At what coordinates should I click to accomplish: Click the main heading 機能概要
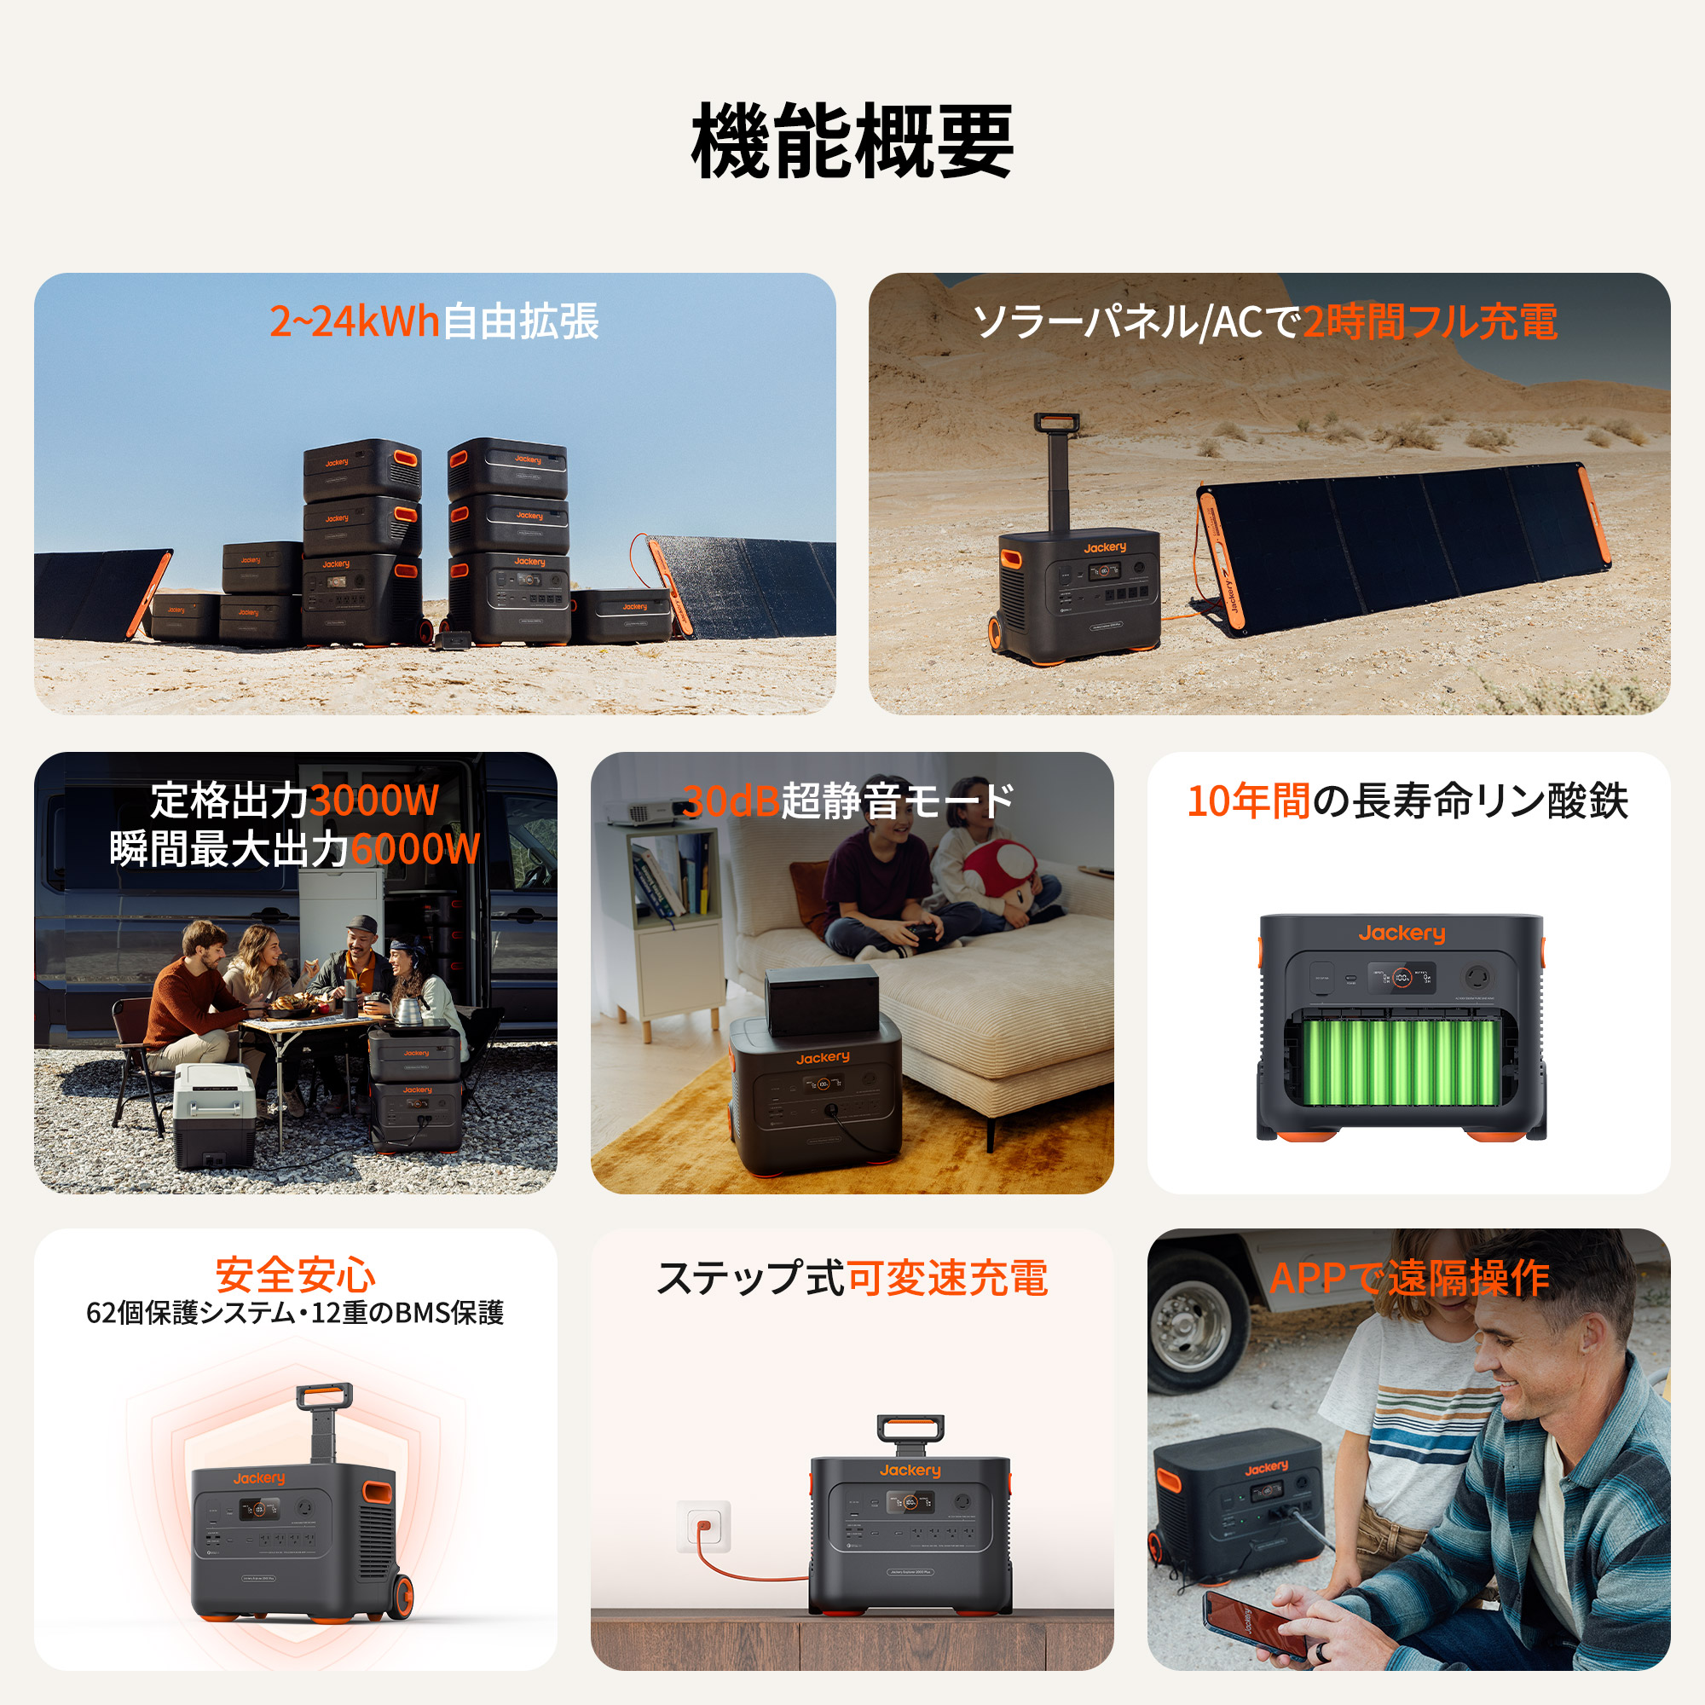pyautogui.click(x=852, y=142)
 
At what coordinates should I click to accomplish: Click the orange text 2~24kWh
pyautogui.click(x=354, y=321)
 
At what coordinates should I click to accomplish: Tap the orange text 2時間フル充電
pyautogui.click(x=1430, y=321)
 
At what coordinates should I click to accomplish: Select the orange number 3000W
pyautogui.click(x=374, y=801)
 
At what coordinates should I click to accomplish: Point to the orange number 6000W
pyautogui.click(x=415, y=849)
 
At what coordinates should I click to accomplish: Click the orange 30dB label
pyautogui.click(x=731, y=801)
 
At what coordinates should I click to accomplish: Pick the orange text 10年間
pyautogui.click(x=1248, y=801)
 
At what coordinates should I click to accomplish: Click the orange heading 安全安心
pyautogui.click(x=296, y=1275)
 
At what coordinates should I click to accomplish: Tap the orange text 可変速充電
pyautogui.click(x=946, y=1278)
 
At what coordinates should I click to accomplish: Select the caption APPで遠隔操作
pyautogui.click(x=1408, y=1278)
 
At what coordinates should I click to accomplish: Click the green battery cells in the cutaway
pyautogui.click(x=1402, y=1061)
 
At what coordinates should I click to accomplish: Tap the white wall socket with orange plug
pyautogui.click(x=703, y=1525)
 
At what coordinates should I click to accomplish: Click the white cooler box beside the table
pyautogui.click(x=215, y=1113)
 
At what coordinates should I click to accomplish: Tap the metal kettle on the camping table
pyautogui.click(x=407, y=1009)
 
